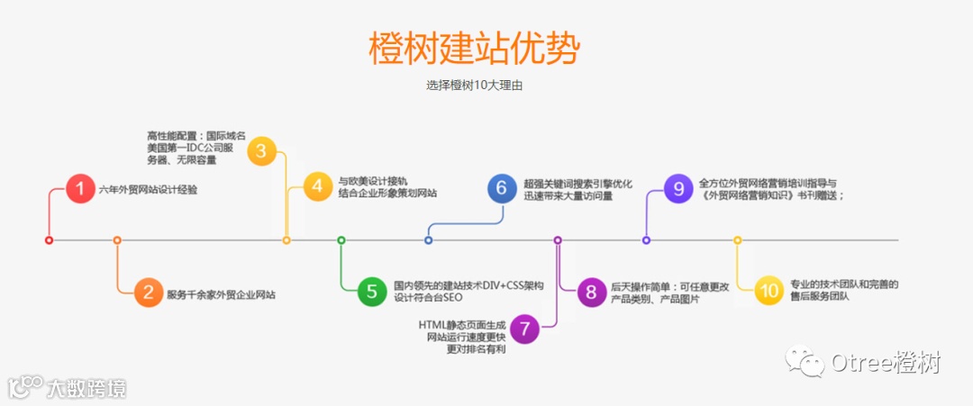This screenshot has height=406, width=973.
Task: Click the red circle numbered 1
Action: point(80,190)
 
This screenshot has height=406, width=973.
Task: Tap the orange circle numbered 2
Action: point(148,293)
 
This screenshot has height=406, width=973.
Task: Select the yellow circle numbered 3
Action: point(261,150)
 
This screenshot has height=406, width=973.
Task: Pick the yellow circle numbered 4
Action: point(317,186)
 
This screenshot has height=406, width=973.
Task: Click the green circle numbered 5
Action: point(371,291)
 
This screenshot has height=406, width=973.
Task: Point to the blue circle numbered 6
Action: point(502,188)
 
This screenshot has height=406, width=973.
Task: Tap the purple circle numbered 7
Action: point(524,329)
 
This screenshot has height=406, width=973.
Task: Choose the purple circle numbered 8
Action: point(591,292)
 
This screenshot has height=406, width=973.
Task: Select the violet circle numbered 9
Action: point(678,187)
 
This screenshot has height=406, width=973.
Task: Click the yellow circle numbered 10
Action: point(768,291)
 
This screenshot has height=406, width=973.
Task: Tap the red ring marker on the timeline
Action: point(49,240)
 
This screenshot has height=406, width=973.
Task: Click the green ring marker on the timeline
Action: point(341,240)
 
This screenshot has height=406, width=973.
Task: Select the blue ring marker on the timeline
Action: point(428,240)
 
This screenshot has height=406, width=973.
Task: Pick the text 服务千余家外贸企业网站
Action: point(222,294)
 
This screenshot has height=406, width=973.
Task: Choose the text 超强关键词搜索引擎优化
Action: point(577,183)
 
